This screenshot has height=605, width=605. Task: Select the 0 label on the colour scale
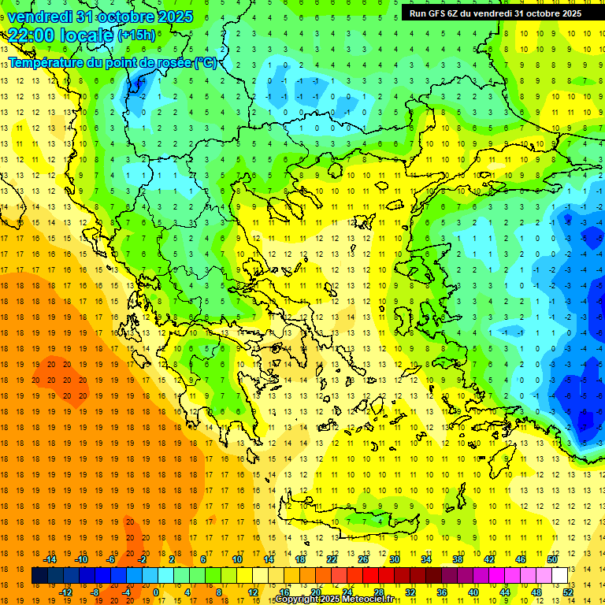click(x=156, y=592)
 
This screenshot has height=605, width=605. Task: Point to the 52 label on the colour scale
click(x=568, y=592)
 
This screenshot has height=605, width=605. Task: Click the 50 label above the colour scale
click(x=552, y=559)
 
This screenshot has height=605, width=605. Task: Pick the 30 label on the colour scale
click(x=394, y=559)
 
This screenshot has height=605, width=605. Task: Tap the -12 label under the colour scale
click(x=65, y=592)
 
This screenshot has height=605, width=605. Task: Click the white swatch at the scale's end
click(x=560, y=575)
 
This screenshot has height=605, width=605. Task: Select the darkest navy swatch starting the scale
click(x=39, y=575)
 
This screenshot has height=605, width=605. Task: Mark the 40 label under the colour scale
click(x=473, y=592)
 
